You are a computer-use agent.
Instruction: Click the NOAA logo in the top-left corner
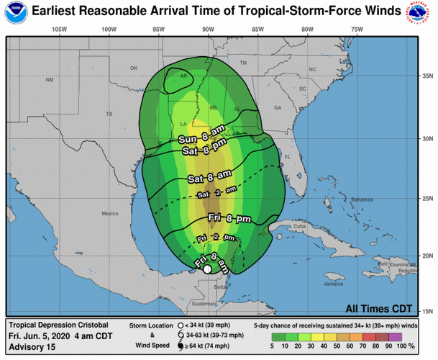(12, 12)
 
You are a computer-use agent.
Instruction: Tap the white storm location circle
(207, 269)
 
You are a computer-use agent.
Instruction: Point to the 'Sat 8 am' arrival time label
(209, 177)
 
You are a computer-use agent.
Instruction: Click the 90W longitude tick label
(208, 30)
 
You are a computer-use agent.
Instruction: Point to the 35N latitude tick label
(427, 75)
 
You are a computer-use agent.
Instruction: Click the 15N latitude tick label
(427, 311)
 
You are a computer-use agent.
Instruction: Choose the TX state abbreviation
(109, 114)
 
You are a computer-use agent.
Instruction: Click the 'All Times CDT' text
(378, 308)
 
